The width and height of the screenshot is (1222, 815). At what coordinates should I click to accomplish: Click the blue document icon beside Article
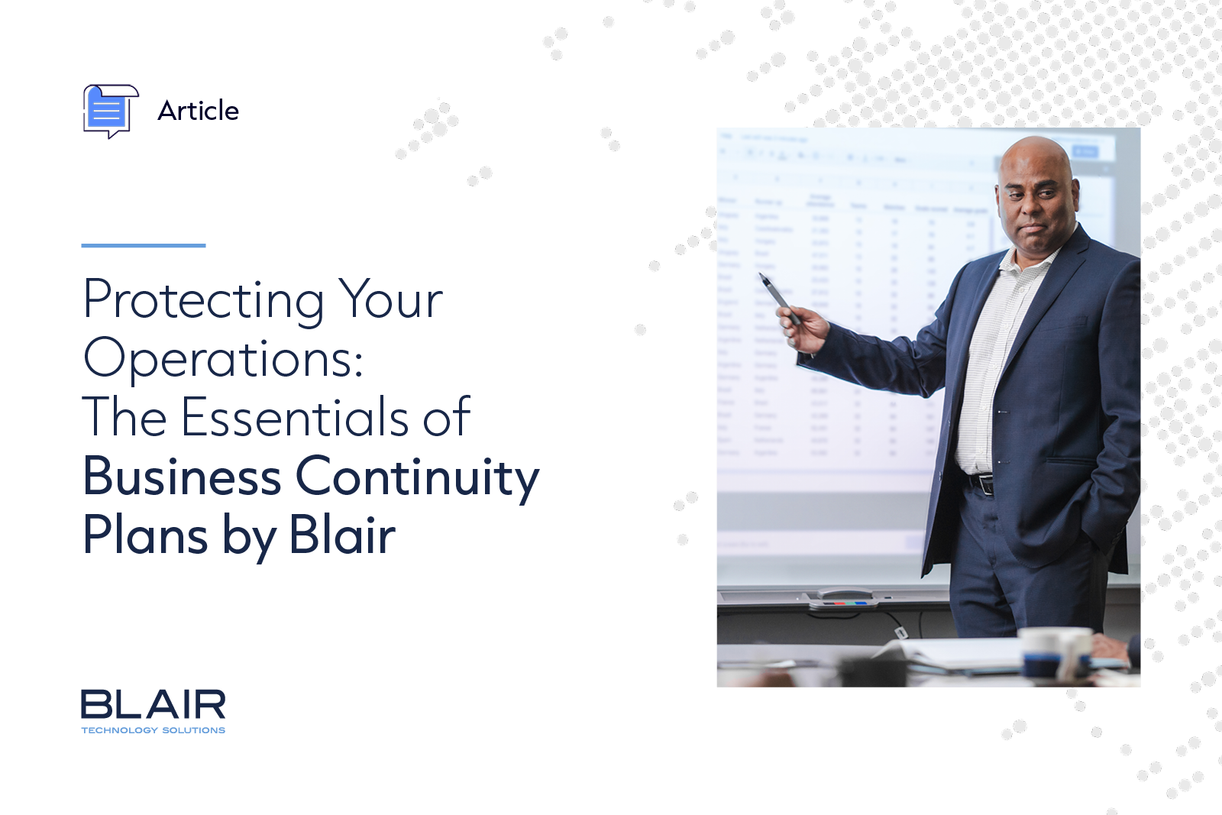[109, 111]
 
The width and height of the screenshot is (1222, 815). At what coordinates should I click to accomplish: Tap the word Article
[198, 111]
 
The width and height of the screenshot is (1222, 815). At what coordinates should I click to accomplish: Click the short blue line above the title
[144, 245]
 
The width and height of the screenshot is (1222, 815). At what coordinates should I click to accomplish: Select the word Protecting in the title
[204, 300]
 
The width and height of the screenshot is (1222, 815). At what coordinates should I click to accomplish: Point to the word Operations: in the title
[223, 358]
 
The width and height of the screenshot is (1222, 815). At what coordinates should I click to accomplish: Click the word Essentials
[296, 417]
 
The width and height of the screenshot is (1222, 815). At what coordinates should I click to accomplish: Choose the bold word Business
[182, 477]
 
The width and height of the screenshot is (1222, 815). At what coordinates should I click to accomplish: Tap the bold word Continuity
[417, 477]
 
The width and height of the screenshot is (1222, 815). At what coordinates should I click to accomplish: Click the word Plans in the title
[145, 535]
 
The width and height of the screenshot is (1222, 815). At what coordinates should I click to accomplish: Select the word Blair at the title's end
[342, 535]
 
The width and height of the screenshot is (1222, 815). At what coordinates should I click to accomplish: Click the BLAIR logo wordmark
[153, 704]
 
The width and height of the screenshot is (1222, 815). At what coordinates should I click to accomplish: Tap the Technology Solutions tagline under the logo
[153, 730]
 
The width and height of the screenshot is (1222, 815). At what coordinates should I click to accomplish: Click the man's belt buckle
[985, 484]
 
